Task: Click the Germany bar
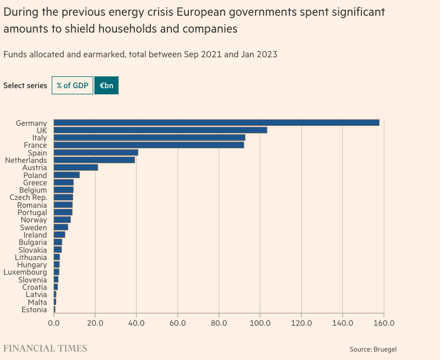tap(216, 122)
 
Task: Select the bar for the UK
tap(160, 130)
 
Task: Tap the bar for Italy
tap(149, 138)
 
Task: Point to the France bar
tap(149, 145)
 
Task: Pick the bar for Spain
tap(96, 152)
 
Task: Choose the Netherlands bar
tap(94, 160)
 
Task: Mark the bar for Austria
tap(76, 167)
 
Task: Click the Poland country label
tap(35, 175)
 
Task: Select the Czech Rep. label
tap(28, 198)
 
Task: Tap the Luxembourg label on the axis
tap(25, 272)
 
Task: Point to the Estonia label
tap(34, 309)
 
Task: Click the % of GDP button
tap(72, 85)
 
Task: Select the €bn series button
tap(106, 85)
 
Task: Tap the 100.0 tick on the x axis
tap(260, 323)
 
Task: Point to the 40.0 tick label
tap(137, 323)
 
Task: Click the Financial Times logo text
tap(46, 348)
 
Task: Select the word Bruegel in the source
tap(384, 349)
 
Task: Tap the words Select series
tap(25, 85)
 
